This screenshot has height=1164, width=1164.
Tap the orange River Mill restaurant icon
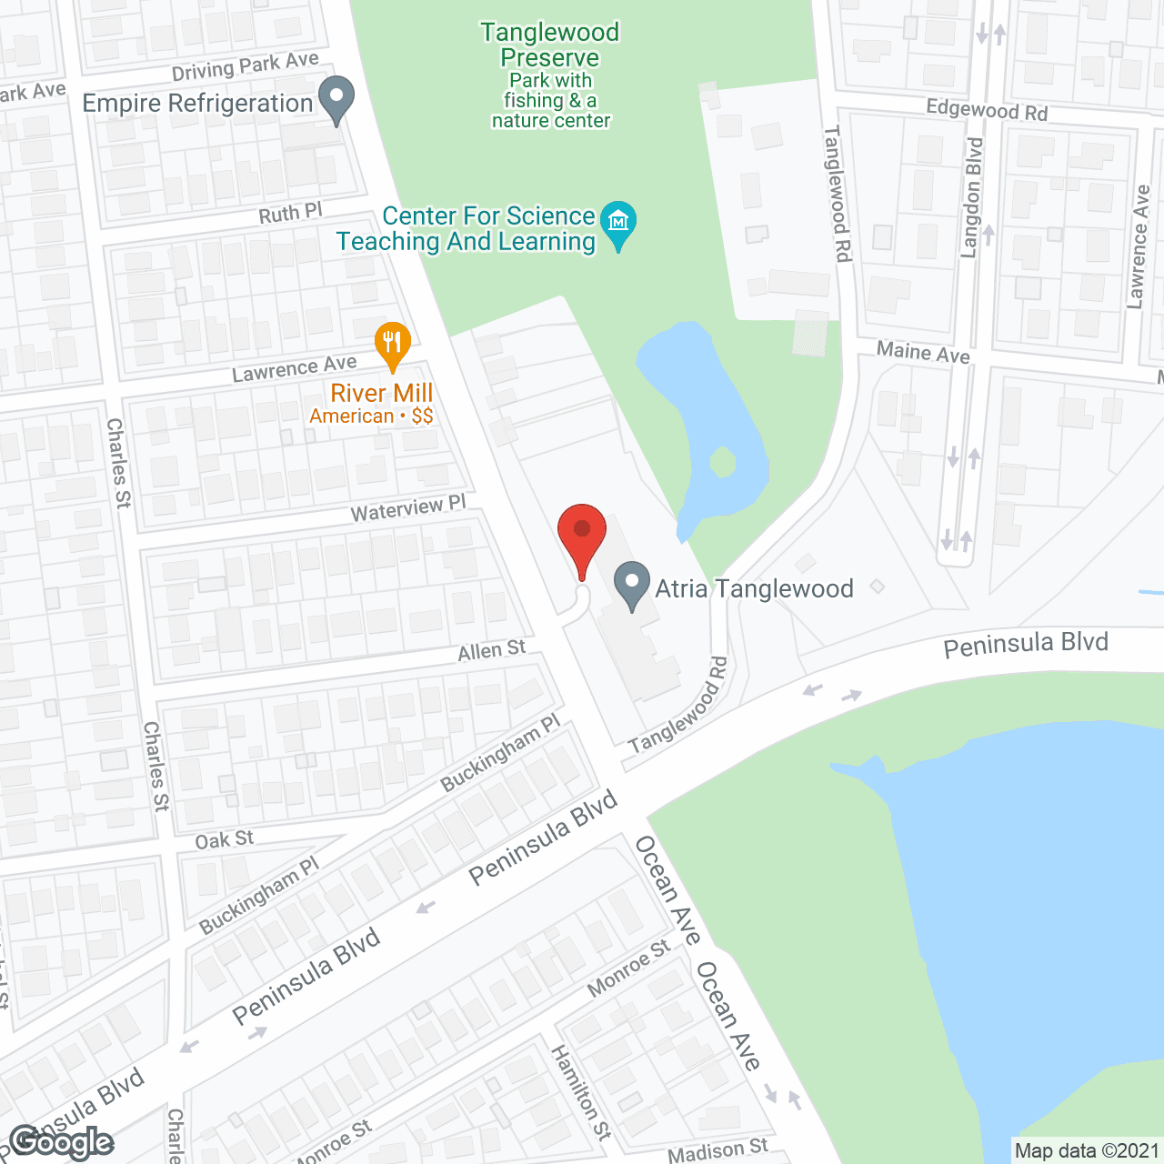(x=393, y=344)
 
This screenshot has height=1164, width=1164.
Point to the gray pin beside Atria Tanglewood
(x=632, y=585)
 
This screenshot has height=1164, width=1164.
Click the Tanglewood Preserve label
(x=550, y=45)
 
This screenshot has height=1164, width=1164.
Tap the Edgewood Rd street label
(x=987, y=110)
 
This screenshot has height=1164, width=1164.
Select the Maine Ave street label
(x=923, y=352)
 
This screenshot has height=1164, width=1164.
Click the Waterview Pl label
(x=408, y=508)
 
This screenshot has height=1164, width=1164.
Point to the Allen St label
(x=491, y=650)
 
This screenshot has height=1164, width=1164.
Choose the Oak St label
(x=225, y=839)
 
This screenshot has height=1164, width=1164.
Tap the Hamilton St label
(x=581, y=1092)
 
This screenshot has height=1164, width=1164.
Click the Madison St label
(x=717, y=1151)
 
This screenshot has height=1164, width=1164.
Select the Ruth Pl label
(x=290, y=214)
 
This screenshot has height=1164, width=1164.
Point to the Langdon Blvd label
(x=972, y=197)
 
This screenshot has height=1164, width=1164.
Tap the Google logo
(x=62, y=1142)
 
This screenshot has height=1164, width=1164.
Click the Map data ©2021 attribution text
(x=1087, y=1151)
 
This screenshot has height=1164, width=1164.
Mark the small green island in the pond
(x=723, y=462)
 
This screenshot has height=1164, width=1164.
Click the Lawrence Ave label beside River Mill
(x=294, y=368)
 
